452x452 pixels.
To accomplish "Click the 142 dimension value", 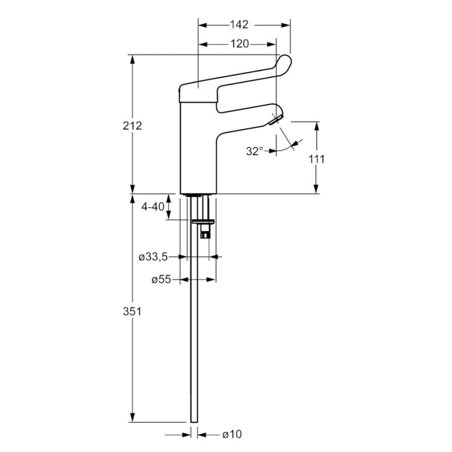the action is click(239, 25).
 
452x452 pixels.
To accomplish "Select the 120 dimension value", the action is click(240, 44).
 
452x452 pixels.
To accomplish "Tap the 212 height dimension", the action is click(132, 126).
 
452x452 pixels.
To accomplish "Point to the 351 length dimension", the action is click(132, 312).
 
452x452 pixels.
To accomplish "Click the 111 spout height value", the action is click(316, 159).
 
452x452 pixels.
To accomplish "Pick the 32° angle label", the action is click(254, 151).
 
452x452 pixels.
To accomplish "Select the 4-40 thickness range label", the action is click(153, 206).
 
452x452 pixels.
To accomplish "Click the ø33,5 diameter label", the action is click(153, 257).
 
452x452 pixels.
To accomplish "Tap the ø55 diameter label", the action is click(161, 280).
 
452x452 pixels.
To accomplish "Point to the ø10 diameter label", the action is click(232, 434).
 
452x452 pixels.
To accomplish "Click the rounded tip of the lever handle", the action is click(285, 61).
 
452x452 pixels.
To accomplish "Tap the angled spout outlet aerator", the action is click(276, 120).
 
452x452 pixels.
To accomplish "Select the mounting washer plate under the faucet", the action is click(204, 222).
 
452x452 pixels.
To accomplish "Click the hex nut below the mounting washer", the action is click(206, 235).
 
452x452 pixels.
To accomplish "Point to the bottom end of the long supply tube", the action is click(194, 422).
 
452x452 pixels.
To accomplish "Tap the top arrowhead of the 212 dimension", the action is click(132, 59).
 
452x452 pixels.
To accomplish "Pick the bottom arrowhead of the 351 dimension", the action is click(132, 417).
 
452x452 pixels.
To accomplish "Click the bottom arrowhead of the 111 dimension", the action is click(316, 189).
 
